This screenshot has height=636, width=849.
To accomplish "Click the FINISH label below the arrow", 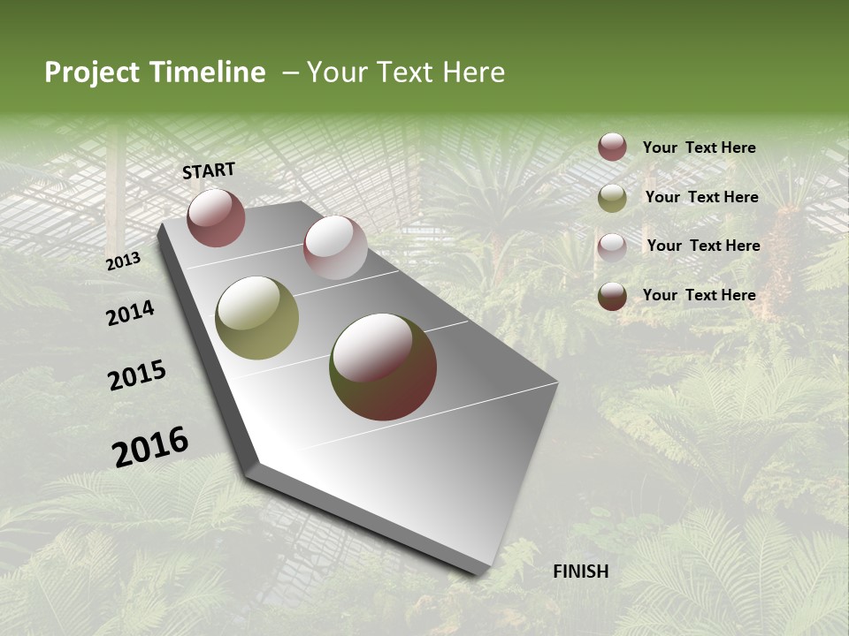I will coord(581,572).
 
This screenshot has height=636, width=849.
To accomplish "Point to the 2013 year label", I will coord(124,261).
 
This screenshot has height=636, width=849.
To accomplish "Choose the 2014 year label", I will coord(130,313).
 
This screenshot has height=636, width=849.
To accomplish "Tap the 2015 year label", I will coord(137,375).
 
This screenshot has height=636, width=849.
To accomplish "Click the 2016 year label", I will coord(150,447).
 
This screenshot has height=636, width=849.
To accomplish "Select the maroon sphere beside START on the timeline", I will coord(216,217).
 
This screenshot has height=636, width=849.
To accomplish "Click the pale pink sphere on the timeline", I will coord(335,247).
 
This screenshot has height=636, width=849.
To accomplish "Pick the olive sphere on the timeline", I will coord(257,318).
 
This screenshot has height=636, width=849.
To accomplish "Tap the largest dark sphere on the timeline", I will coord(383,367).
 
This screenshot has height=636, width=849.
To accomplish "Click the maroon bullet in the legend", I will coord(612,148).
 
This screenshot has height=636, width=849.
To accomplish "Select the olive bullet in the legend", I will coord(612,198).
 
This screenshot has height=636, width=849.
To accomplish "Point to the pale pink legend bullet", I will coord(612,246).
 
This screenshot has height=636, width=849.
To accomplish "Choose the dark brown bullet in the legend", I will coord(612,296).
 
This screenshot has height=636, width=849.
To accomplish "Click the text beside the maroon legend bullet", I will coord(700,148).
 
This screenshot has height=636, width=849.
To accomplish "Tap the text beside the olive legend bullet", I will coord(702,197).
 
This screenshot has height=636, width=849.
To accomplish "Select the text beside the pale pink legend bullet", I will coord(704,246).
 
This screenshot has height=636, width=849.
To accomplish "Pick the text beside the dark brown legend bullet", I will coord(700,295).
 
